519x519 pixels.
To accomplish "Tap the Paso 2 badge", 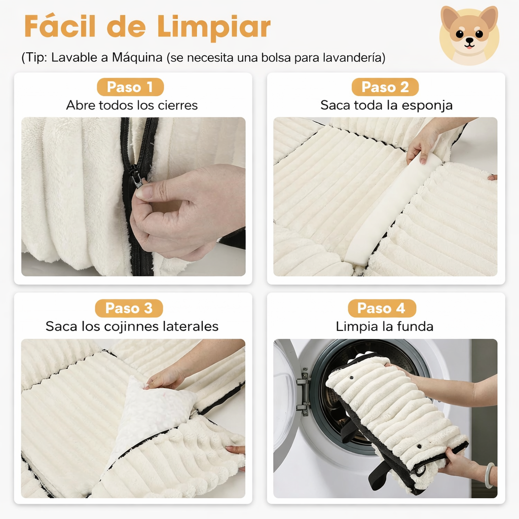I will pos(385,87).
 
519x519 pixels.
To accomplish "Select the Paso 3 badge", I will pos(129,308).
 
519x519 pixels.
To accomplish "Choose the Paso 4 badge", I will pos(382,308).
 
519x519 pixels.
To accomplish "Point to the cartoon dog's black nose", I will pos(469,41).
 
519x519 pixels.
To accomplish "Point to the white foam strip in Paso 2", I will pos(390,213).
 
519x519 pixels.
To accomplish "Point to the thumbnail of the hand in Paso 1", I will pos(144,192).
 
